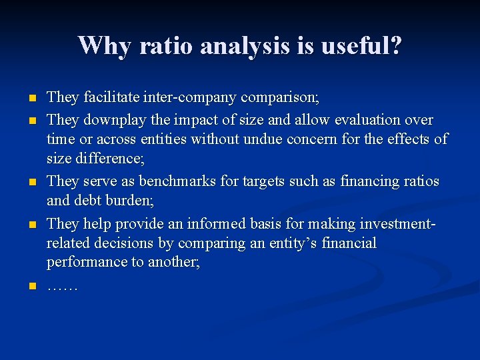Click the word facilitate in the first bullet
point(111,98)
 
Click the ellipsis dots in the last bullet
point(62,287)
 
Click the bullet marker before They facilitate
point(31,99)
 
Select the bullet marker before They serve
point(31,181)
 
